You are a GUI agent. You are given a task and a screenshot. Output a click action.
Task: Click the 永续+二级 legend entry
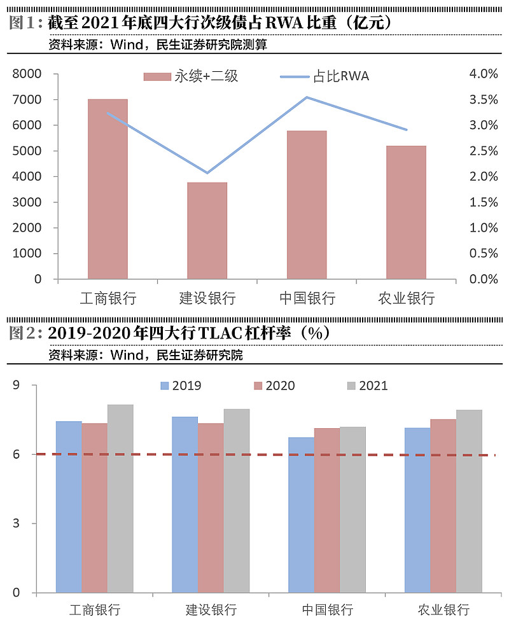coord(191,77)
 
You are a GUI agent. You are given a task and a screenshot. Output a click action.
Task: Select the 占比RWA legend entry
coord(324,77)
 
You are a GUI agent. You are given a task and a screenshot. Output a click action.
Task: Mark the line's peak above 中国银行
coord(307,97)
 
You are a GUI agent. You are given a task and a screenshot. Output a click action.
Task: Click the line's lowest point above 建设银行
coord(207,172)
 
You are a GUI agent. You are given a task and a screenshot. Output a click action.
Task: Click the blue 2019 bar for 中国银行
coord(301,515)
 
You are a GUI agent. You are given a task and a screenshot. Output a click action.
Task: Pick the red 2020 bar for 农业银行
coord(443,506)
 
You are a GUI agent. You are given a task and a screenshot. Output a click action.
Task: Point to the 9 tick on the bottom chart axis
coord(17,386)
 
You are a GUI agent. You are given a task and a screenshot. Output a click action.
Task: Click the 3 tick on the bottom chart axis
coord(17,524)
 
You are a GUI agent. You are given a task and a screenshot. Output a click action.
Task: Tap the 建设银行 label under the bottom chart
coord(211,610)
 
